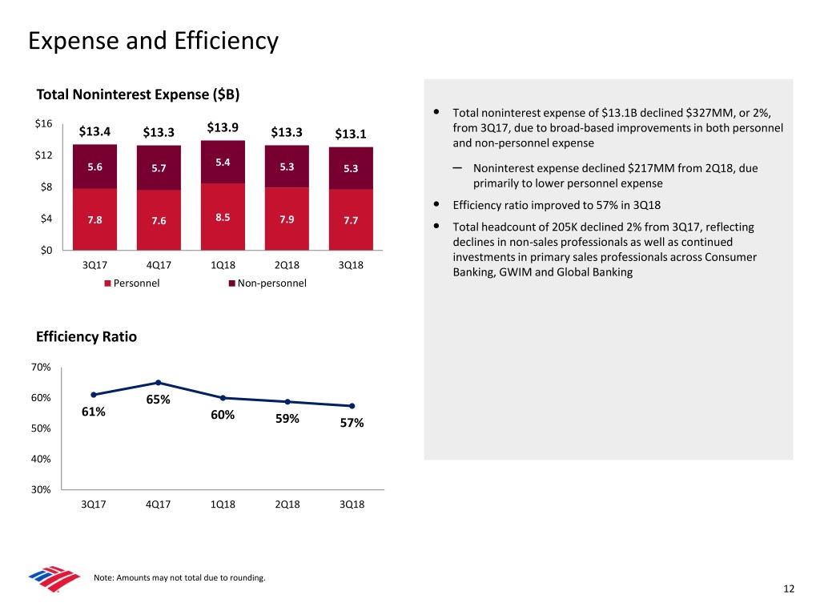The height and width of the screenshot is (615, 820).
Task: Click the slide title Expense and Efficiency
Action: click(x=152, y=40)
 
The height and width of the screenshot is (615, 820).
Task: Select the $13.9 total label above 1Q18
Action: click(x=223, y=128)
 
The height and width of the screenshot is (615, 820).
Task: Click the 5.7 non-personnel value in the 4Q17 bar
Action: click(x=159, y=168)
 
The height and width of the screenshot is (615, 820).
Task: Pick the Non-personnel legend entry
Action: click(x=267, y=283)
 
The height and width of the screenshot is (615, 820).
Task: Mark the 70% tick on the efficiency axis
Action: click(x=42, y=367)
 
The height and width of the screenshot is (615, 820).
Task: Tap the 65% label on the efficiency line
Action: click(x=158, y=400)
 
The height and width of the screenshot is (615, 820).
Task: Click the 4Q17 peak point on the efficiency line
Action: click(x=159, y=383)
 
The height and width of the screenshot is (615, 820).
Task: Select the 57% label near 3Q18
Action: click(x=352, y=423)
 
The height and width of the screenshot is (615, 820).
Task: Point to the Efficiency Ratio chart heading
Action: click(x=86, y=337)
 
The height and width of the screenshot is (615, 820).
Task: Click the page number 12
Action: click(x=789, y=589)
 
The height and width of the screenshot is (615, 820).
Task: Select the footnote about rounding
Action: click(x=179, y=578)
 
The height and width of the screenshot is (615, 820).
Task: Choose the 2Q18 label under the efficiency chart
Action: click(x=287, y=504)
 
